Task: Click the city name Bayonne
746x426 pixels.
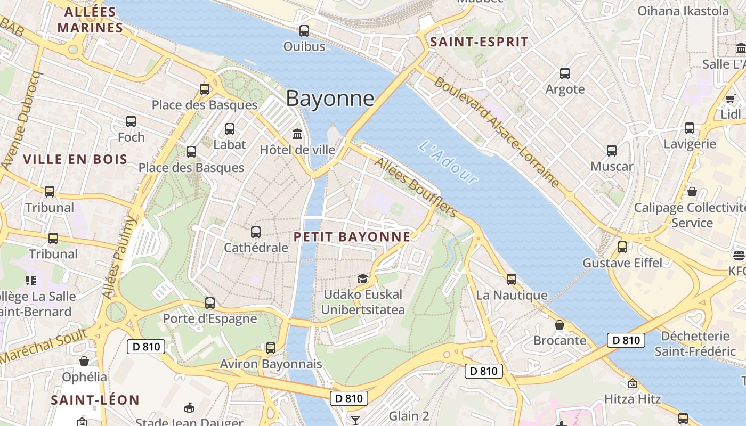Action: (x=330, y=99)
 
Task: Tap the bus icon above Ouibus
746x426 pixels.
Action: (x=304, y=31)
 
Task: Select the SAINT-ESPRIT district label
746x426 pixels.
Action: (x=479, y=42)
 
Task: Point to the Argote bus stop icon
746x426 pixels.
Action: (x=565, y=73)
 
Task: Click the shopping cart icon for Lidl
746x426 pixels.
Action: (x=730, y=99)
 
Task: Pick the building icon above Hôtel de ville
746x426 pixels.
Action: (x=297, y=134)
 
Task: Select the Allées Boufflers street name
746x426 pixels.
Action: (x=416, y=187)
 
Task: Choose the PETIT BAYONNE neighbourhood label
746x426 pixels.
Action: (x=352, y=237)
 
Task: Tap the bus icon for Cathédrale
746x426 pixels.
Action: (x=256, y=232)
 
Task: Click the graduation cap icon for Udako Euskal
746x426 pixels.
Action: (x=362, y=278)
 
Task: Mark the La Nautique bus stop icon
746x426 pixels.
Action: (x=512, y=279)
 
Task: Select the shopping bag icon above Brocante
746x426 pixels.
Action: (x=559, y=324)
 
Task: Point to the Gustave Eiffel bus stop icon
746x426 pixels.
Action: (x=622, y=247)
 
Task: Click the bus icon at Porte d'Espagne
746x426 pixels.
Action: (x=210, y=303)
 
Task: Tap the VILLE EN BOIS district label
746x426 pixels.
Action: (x=75, y=159)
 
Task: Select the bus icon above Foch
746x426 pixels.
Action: (x=131, y=121)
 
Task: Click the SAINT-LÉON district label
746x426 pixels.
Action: (x=95, y=400)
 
